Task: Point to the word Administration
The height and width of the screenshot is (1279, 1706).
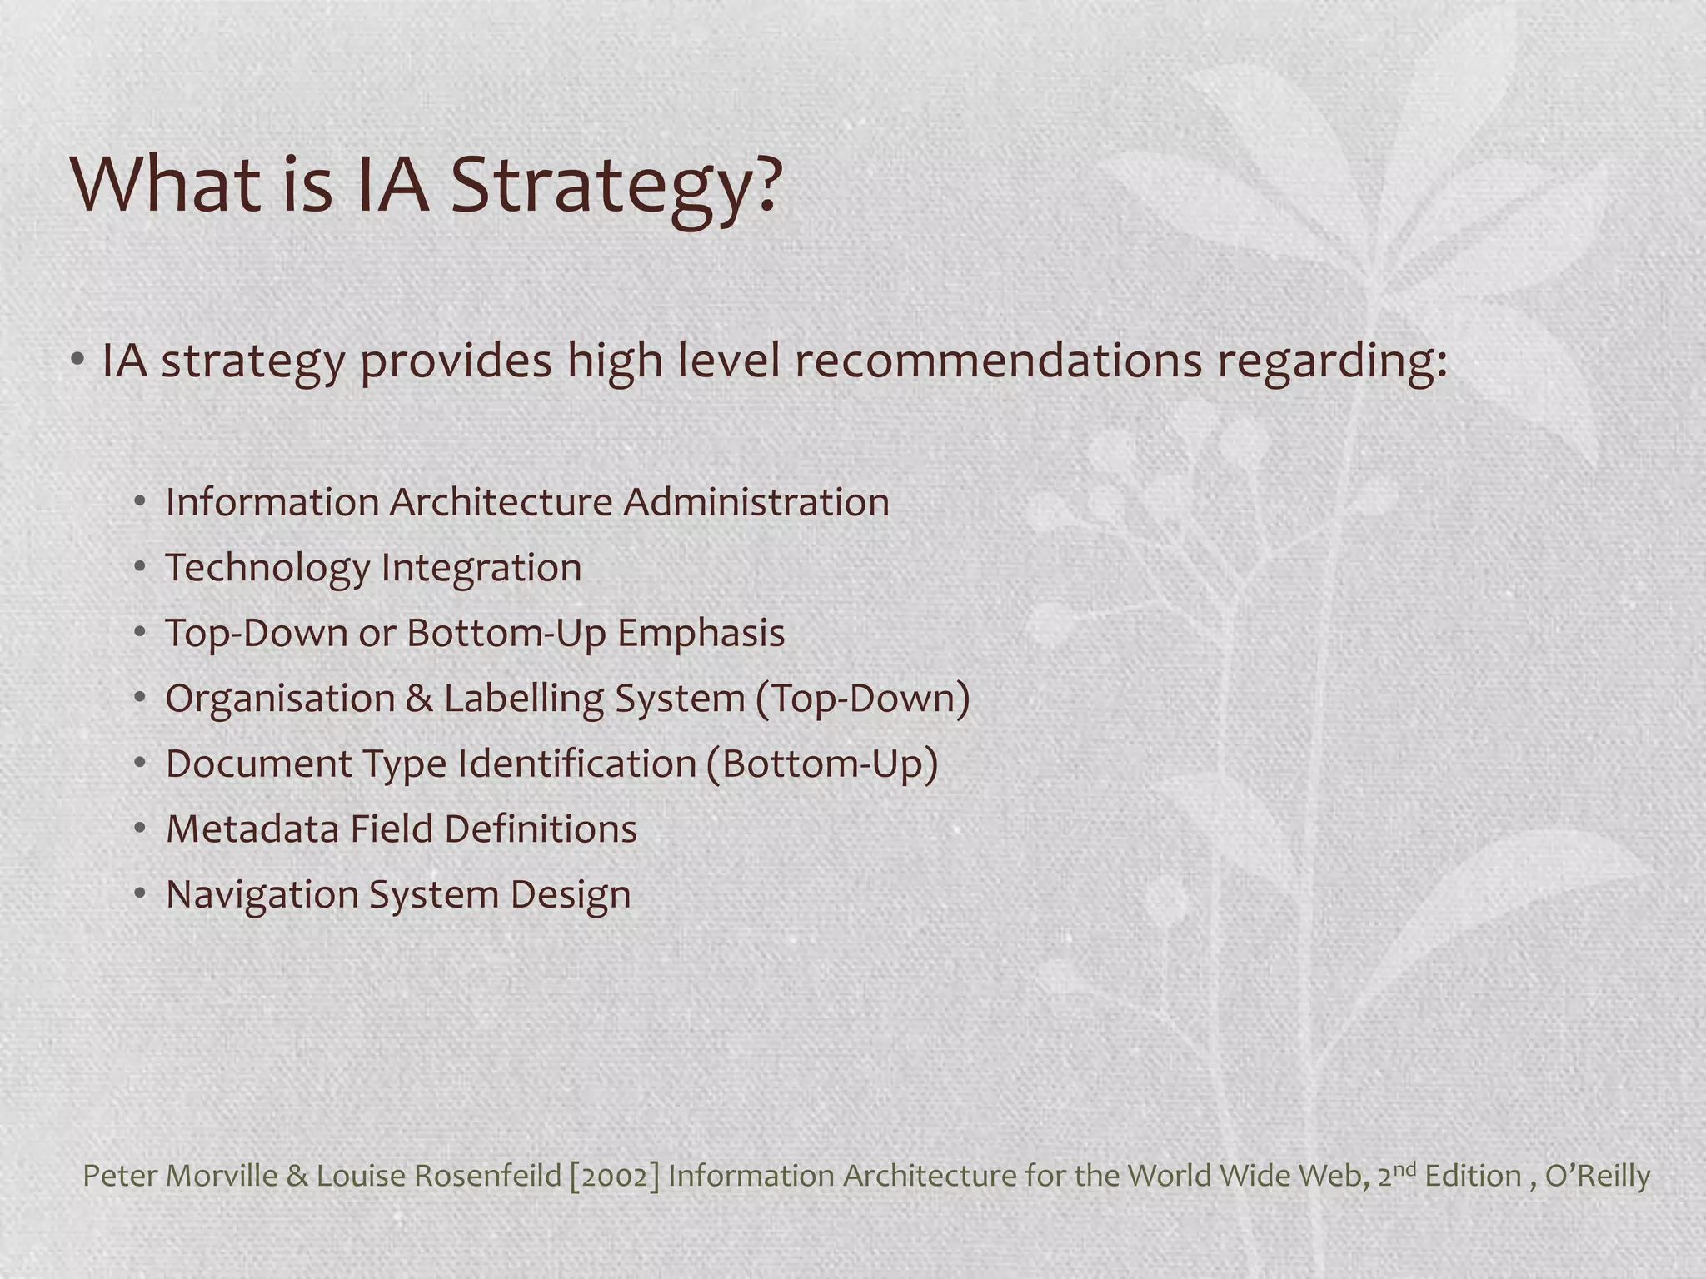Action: point(756,502)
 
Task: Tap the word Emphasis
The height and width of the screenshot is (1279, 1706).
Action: point(701,633)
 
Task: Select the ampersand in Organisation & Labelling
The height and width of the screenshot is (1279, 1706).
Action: point(419,698)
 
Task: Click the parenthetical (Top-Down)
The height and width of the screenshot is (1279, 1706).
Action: point(863,698)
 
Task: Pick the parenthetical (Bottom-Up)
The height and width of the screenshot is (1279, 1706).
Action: point(822,764)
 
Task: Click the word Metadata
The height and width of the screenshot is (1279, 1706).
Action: point(252,829)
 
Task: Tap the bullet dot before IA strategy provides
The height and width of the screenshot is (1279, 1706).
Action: point(77,361)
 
